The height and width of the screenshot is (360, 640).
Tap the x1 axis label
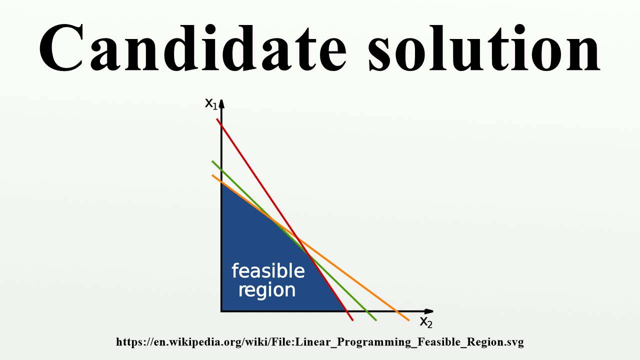tap(211, 104)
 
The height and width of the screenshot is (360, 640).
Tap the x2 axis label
tap(425, 322)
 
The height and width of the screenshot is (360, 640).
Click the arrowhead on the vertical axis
tap(221, 104)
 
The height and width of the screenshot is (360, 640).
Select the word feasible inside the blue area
tap(268, 271)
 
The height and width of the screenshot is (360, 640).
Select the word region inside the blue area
tap(266, 290)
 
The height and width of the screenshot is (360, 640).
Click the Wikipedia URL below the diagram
tap(320, 342)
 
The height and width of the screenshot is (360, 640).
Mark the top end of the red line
tap(217, 119)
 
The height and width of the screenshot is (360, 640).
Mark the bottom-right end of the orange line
tap(408, 320)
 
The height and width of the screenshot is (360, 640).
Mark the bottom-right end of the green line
tap(375, 320)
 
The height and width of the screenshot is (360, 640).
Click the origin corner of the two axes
tap(221, 311)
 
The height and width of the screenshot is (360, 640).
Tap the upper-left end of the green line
tap(212, 161)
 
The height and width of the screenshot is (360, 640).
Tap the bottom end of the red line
tap(352, 320)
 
